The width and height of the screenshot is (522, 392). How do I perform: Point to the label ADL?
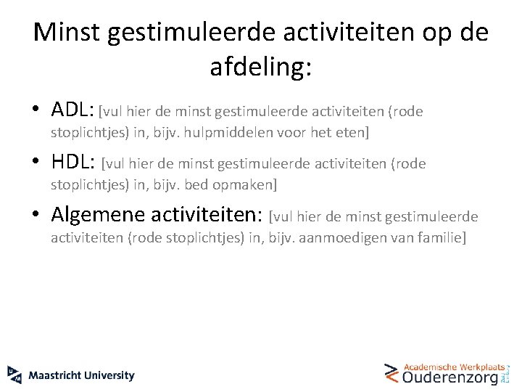pyautogui.click(x=73, y=110)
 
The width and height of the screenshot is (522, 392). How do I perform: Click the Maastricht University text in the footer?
pyautogui.click(x=82, y=375)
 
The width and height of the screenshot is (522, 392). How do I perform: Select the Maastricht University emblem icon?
pyautogui.click(x=14, y=375)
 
